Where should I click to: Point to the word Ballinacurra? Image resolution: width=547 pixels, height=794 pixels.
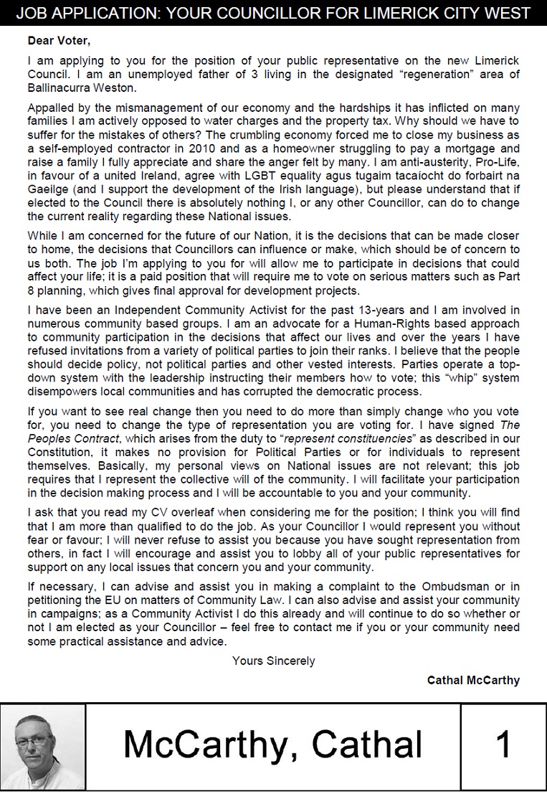[60, 88]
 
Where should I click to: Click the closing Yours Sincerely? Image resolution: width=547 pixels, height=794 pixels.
[273, 661]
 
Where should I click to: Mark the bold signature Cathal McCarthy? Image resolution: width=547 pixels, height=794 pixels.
[473, 679]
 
